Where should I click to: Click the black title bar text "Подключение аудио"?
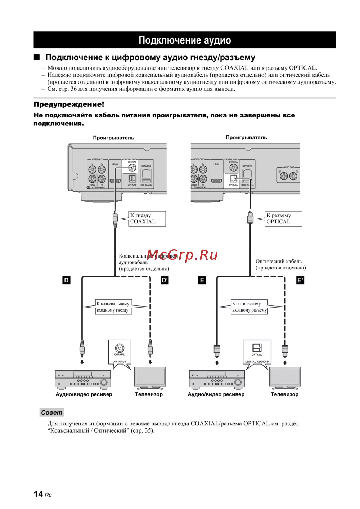click(185, 40)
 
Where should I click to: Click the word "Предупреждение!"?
click(69, 104)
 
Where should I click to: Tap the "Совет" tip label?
click(51, 412)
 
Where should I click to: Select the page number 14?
click(38, 494)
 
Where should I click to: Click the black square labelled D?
click(66, 280)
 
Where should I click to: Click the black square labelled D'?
click(165, 280)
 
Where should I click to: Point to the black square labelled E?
click(202, 280)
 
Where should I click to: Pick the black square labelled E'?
click(300, 280)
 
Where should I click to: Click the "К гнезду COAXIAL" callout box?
click(147, 219)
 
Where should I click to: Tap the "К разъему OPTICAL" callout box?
click(283, 219)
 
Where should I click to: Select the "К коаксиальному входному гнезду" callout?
click(113, 307)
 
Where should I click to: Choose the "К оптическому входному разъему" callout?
click(249, 307)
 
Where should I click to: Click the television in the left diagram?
click(150, 378)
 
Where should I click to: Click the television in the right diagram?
click(285, 378)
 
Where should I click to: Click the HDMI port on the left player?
click(115, 181)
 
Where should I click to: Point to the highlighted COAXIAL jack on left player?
click(132, 168)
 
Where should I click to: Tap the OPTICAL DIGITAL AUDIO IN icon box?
click(257, 352)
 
